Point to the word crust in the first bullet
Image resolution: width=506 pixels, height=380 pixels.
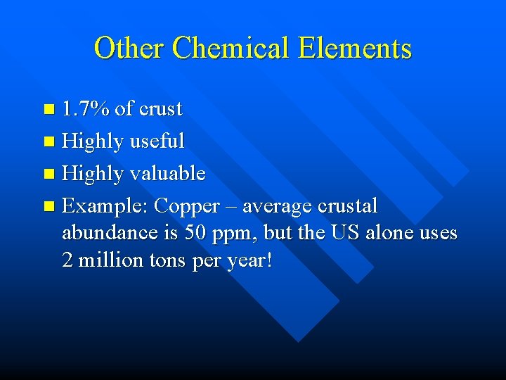coord(160,109)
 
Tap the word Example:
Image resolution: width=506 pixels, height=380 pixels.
coord(105,206)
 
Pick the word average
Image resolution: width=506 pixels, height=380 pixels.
coord(277,207)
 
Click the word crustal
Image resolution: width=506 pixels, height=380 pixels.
coord(348,206)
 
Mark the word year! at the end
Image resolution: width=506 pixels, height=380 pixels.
coord(251,262)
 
